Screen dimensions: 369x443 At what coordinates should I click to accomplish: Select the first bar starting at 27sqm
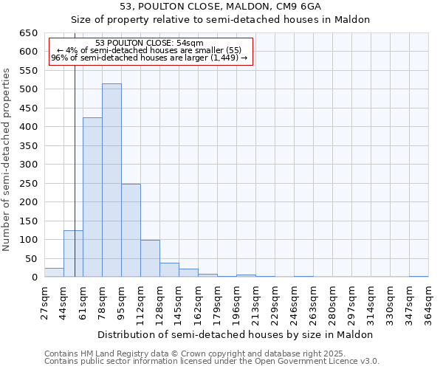coord(54,272)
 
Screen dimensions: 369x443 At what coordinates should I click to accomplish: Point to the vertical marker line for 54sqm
coord(75,162)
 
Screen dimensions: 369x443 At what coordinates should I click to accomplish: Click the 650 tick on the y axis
coord(28,33)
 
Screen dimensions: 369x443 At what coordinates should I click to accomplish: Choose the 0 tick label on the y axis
coord(34,277)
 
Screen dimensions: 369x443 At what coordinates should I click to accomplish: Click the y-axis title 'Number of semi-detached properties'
coord(7,159)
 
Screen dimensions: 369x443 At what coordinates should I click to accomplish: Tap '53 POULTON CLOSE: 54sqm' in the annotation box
coord(150,43)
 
